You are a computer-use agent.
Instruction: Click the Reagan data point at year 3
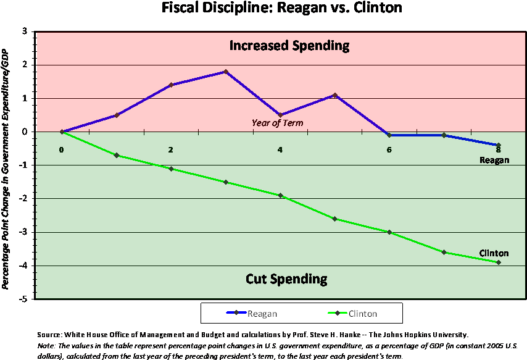pos(226,72)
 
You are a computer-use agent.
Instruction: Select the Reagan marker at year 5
pos(335,95)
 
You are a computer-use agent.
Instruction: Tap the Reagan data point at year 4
pos(280,115)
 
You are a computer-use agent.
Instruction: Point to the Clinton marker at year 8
pos(499,262)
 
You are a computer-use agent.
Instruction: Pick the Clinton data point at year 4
pos(280,195)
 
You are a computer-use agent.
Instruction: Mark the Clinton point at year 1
pos(117,155)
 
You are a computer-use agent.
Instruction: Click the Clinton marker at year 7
pos(444,252)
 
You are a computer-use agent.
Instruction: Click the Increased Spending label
pos(289,46)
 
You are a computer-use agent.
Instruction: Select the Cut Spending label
pos(286,279)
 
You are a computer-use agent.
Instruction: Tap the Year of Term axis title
pos(277,123)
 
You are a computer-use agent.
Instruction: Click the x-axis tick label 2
pos(171,149)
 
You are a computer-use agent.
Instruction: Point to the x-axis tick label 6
pos(389,149)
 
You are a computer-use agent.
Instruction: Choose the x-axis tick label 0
pos(62,149)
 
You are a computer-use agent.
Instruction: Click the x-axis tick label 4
pos(280,149)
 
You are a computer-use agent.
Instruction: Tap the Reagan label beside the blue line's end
pos(494,161)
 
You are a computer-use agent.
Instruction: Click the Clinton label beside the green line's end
pos(494,253)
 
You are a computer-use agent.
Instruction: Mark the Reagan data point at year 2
pos(171,85)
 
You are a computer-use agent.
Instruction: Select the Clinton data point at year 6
pos(389,232)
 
